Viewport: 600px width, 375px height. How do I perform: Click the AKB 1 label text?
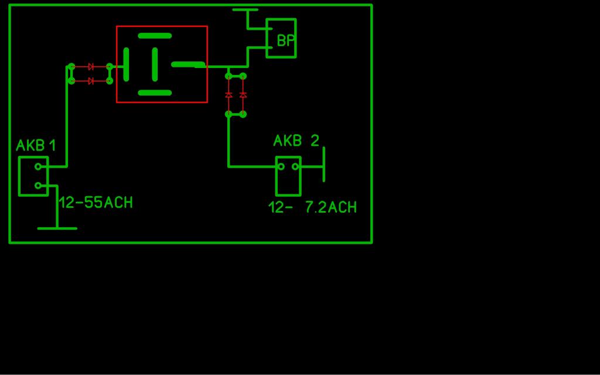click(36, 145)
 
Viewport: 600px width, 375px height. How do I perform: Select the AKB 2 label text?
click(296, 141)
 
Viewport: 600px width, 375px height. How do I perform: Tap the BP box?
click(281, 38)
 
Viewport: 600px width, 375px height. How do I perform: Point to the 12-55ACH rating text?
click(96, 202)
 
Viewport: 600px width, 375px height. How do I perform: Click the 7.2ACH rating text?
click(332, 207)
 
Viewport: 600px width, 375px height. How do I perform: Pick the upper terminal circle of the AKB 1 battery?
click(38, 166)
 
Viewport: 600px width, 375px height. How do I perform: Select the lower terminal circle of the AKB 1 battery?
click(38, 186)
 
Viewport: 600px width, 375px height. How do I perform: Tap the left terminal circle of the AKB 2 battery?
click(281, 166)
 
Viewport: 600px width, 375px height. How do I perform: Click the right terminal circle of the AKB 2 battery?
click(295, 166)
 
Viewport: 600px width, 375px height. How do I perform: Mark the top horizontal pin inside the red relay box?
click(155, 36)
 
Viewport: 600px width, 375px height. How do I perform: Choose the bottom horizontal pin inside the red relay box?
click(155, 93)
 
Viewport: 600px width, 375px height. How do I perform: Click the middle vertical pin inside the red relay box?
click(155, 64)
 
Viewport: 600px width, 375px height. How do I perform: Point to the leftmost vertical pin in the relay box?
click(127, 64)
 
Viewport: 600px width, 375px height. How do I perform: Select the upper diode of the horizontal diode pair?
click(91, 67)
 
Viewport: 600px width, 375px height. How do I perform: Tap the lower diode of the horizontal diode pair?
click(91, 81)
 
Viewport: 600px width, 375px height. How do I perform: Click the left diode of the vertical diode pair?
click(229, 94)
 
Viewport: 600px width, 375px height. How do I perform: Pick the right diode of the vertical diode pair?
click(243, 94)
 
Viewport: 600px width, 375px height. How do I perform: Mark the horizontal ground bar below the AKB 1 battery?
click(57, 229)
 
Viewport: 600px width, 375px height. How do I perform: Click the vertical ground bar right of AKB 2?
click(323, 164)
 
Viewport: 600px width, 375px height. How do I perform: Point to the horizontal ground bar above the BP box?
click(246, 9)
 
